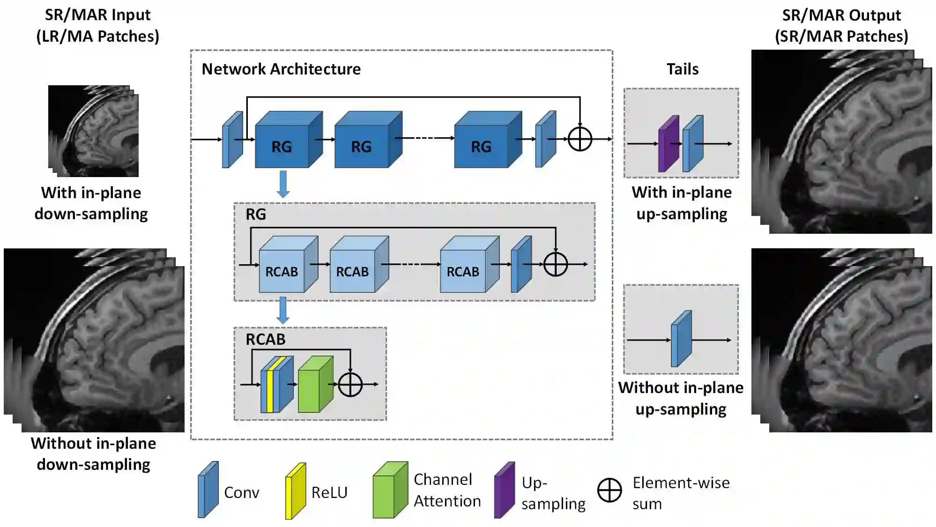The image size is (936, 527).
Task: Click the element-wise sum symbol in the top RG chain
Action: pos(579,139)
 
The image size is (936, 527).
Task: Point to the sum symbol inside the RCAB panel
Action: pos(350,385)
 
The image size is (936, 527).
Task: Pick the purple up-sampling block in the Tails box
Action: pos(668,144)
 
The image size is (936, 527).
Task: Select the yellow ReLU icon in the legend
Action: pos(296,491)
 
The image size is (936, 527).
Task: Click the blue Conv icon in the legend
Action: pos(208,490)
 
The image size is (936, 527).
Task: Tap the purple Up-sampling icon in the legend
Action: pos(505,490)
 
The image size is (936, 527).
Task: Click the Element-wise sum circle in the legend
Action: pos(609,490)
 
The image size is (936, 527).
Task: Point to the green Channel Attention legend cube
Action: pos(390,490)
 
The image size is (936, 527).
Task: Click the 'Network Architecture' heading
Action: pos(281,69)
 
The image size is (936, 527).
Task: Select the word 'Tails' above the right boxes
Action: pos(682,69)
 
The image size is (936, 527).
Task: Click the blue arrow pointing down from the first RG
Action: pos(283,184)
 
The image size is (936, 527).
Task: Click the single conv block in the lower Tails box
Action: pos(681,339)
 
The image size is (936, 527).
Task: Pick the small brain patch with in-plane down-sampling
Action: pos(93,131)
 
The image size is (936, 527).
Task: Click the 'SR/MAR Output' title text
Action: pos(841,15)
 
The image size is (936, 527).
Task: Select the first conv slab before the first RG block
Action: pos(232,140)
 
